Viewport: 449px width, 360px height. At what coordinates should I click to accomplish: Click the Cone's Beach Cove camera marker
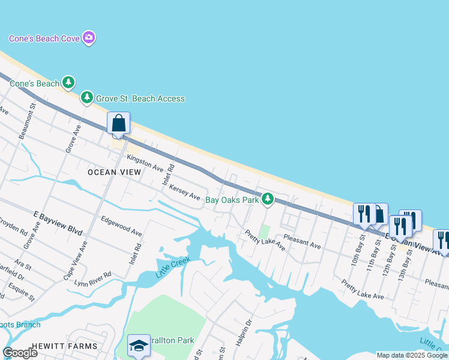[x=89, y=38]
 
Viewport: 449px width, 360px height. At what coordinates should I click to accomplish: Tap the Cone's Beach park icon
[x=69, y=82]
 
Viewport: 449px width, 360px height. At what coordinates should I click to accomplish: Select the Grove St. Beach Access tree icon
[x=87, y=97]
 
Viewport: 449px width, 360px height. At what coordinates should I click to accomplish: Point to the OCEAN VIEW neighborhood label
[x=114, y=172]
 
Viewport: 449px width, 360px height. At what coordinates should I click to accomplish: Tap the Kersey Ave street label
[x=184, y=191]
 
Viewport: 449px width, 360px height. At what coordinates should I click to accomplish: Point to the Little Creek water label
[x=173, y=267]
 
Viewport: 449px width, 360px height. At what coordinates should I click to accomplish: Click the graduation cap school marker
[x=139, y=345]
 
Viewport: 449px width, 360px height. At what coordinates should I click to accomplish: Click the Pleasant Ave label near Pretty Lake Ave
[x=303, y=241]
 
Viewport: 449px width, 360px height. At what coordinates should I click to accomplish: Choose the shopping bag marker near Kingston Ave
[x=119, y=124]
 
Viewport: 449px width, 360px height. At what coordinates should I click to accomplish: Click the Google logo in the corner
[x=20, y=352]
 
